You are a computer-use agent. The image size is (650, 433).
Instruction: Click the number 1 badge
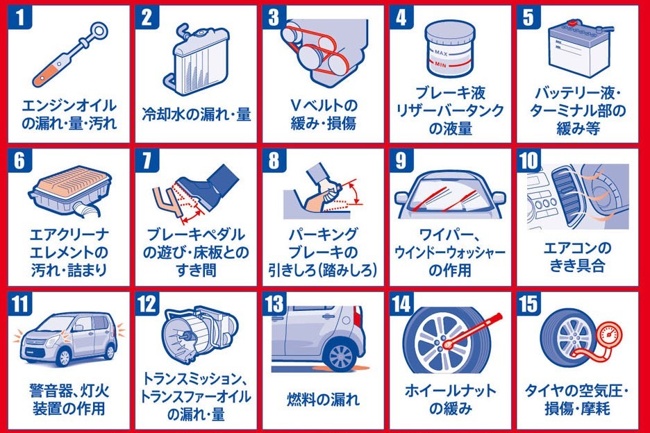click(19, 17)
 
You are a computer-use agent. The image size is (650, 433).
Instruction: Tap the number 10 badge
click(528, 160)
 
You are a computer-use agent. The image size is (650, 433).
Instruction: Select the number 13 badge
click(274, 304)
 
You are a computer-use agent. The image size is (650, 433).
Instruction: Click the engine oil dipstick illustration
click(70, 54)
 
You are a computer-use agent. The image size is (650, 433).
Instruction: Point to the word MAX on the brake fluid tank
click(441, 53)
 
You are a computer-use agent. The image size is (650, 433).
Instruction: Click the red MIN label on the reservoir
click(441, 65)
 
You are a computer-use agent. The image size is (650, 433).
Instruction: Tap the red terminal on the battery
click(574, 22)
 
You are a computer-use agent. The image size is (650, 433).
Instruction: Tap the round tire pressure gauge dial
click(608, 334)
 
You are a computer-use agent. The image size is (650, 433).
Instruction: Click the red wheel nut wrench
click(472, 331)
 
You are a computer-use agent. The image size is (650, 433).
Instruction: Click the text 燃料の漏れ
click(323, 400)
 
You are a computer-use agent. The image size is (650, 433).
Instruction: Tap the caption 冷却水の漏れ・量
click(197, 114)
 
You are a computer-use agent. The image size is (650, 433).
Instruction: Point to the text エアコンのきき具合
click(578, 257)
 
